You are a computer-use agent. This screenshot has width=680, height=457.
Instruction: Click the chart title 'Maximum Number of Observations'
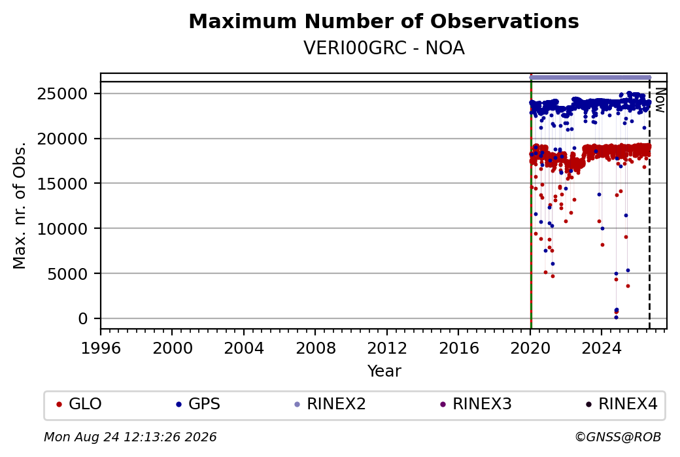(384, 21)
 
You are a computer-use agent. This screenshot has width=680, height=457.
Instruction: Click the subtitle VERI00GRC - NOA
(384, 48)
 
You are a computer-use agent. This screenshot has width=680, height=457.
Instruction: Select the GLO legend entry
(79, 404)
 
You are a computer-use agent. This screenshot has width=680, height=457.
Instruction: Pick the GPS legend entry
(197, 404)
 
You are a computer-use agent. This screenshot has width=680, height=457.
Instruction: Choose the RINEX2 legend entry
(330, 404)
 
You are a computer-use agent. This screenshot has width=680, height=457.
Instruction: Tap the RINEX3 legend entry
(476, 404)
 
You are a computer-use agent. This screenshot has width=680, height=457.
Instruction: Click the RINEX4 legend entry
(621, 404)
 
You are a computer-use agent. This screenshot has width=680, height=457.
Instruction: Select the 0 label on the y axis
(83, 318)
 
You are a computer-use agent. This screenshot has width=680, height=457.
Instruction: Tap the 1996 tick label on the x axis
(101, 348)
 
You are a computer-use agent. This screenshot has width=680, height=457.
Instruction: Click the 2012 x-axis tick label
(387, 348)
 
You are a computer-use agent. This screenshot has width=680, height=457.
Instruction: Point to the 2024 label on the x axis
(602, 348)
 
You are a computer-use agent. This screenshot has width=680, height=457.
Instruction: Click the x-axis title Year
(384, 371)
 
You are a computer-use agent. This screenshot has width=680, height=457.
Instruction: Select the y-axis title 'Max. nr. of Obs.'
(20, 205)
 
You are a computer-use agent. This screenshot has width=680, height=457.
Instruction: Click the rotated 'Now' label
(660, 100)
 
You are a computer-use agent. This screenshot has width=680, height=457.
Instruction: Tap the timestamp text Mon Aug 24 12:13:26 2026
(130, 437)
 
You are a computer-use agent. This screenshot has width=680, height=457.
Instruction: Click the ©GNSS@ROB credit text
(618, 437)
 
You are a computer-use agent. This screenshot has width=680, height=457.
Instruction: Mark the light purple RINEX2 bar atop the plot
(590, 78)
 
